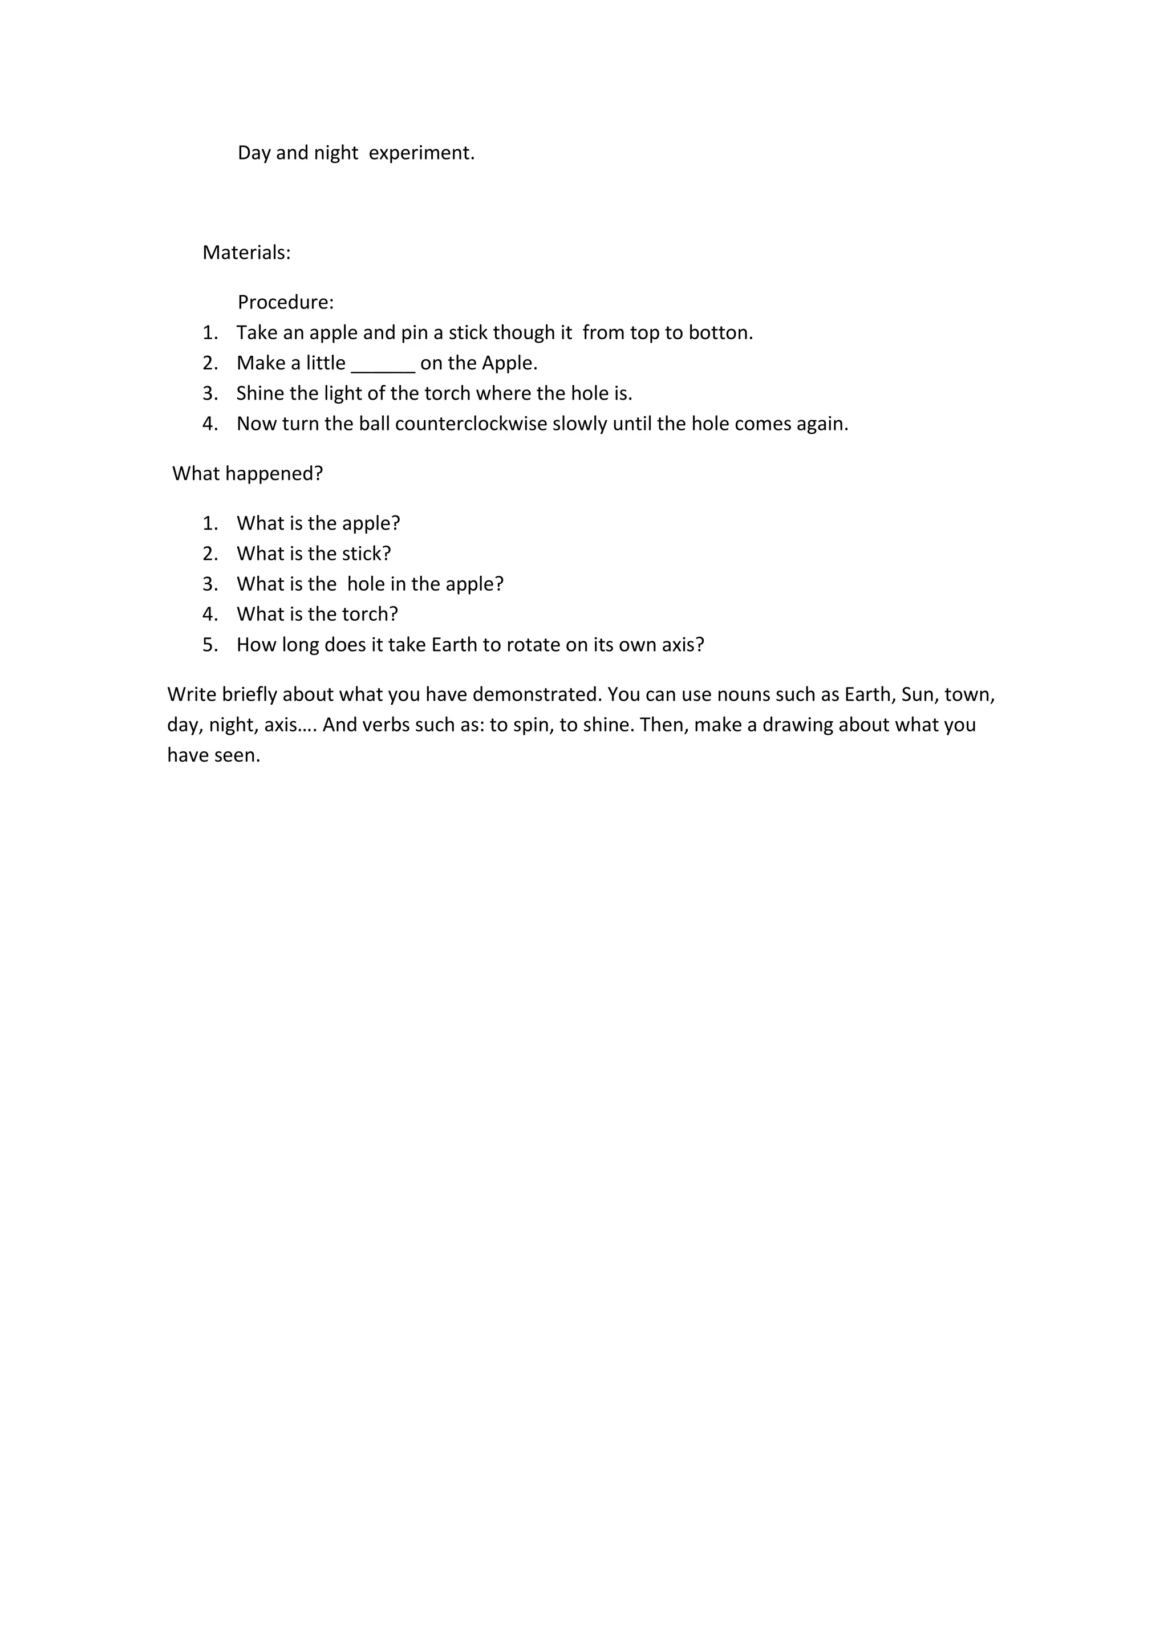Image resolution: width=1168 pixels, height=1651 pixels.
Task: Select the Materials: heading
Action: click(x=247, y=253)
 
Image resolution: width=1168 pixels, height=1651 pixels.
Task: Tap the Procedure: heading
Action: click(x=286, y=302)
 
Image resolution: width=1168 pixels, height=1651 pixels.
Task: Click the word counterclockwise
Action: click(x=471, y=424)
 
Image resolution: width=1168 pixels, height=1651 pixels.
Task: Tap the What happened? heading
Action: click(x=248, y=473)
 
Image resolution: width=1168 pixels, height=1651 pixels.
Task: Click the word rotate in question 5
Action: click(x=533, y=644)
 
